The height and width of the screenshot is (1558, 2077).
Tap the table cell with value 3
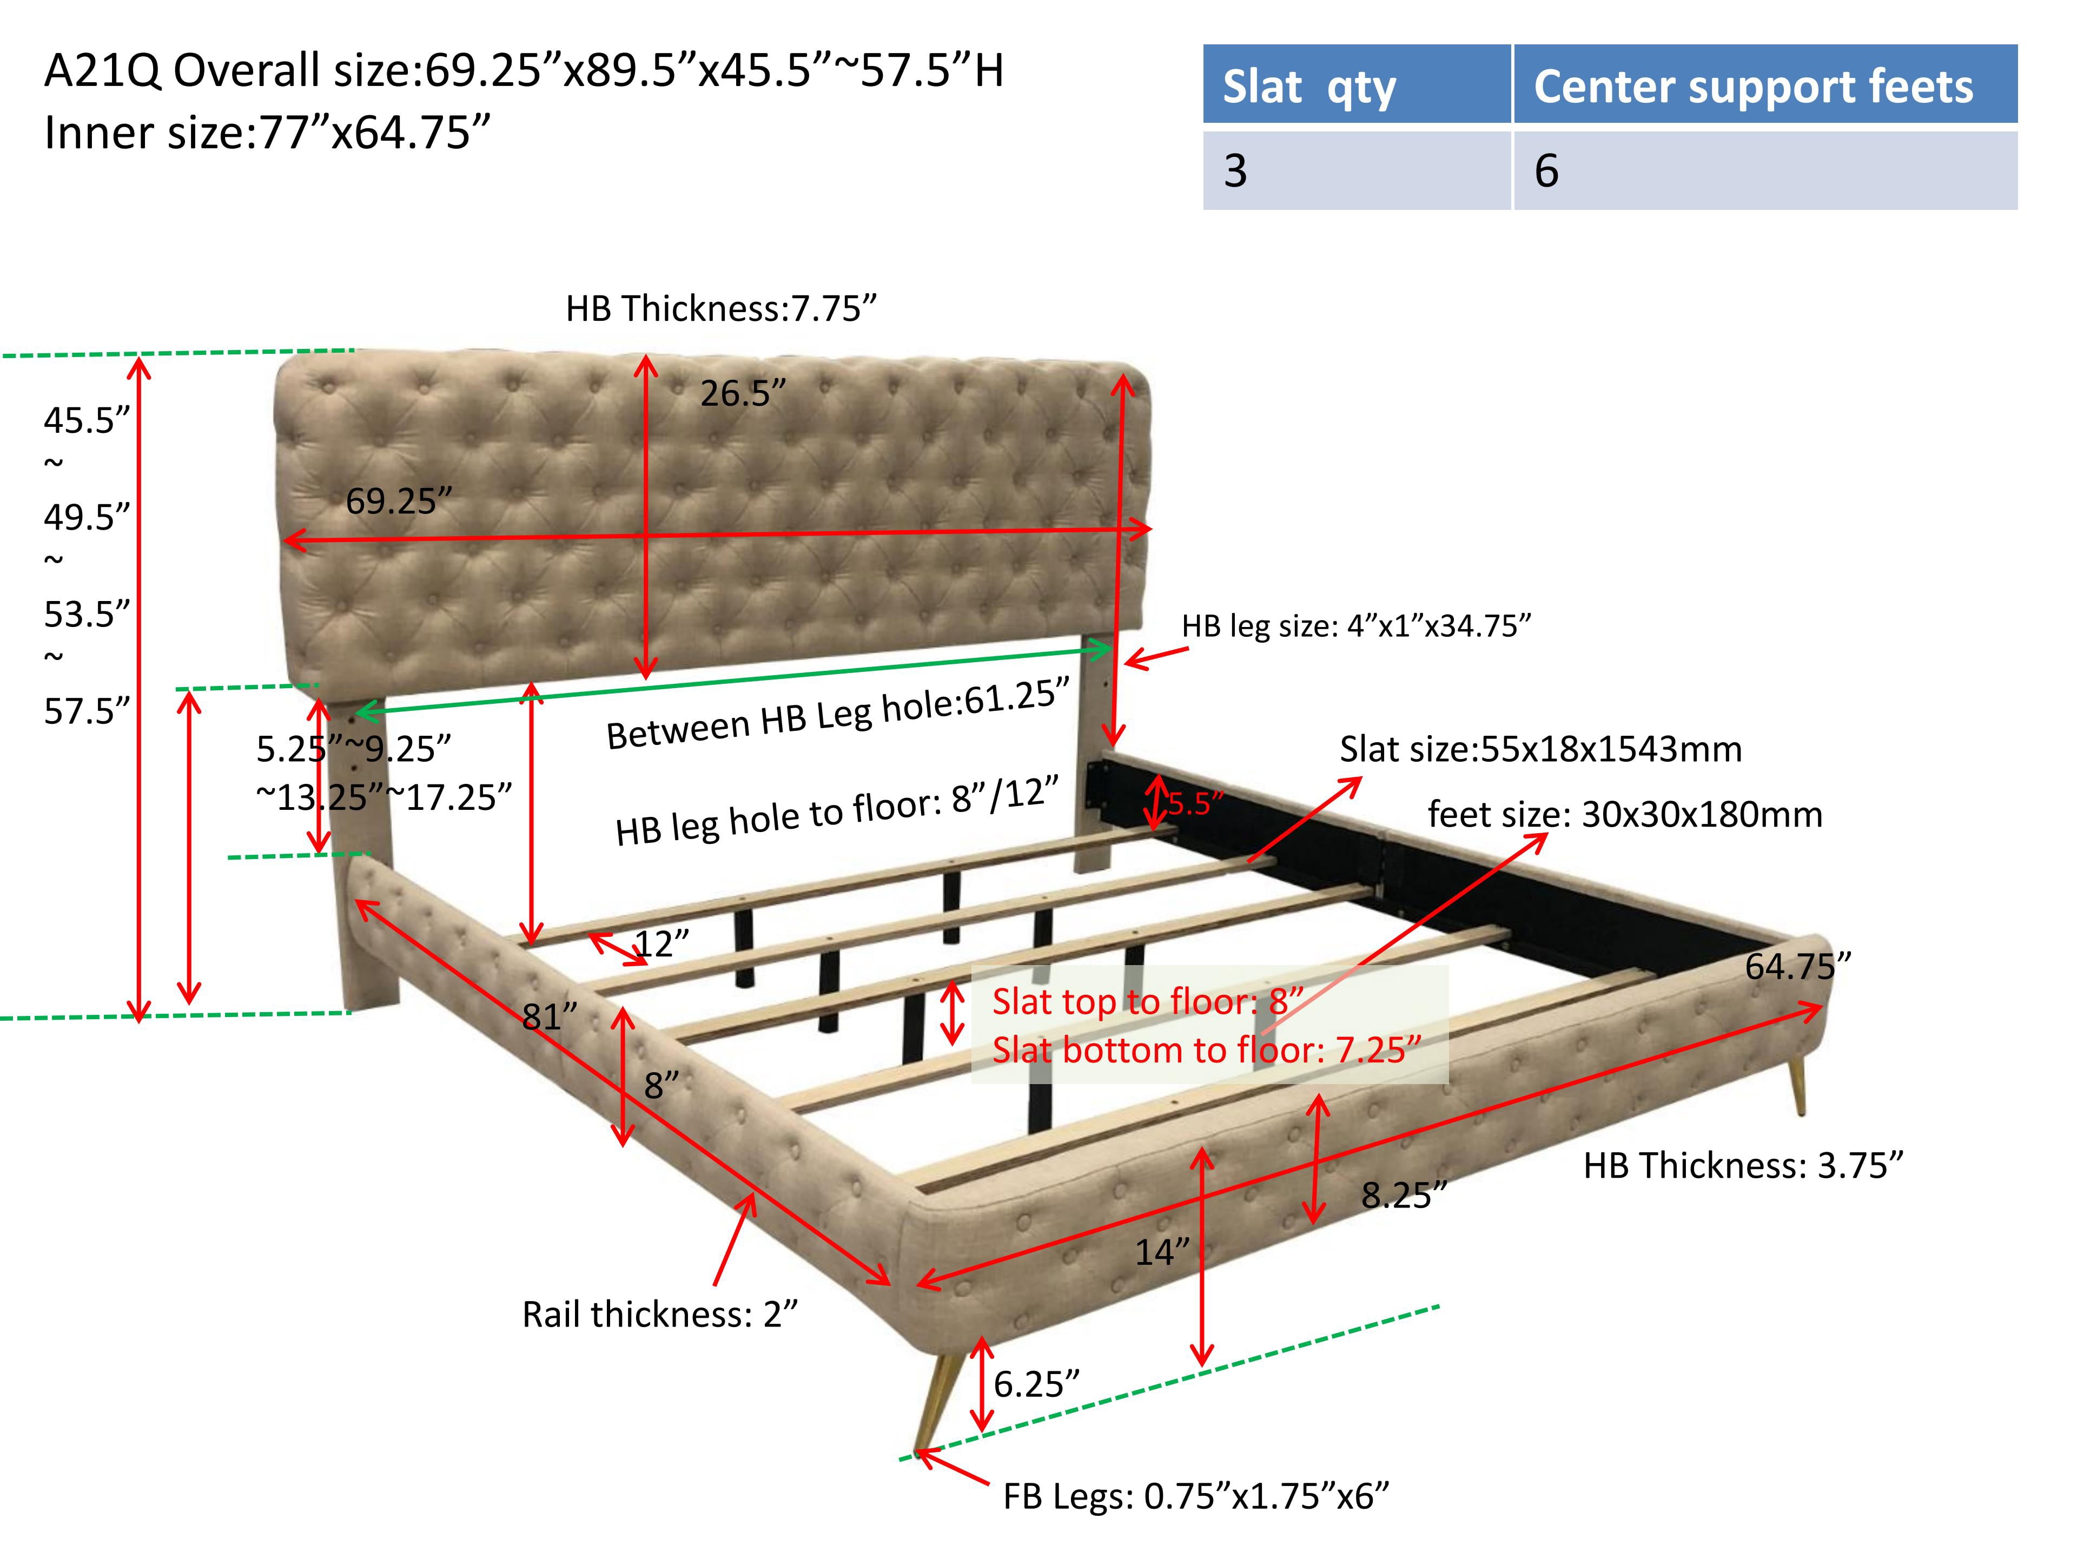coord(1357,170)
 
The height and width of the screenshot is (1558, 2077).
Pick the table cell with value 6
coord(1765,170)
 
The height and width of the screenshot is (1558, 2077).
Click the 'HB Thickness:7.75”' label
coord(720,308)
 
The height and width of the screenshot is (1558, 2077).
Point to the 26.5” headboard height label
coord(742,393)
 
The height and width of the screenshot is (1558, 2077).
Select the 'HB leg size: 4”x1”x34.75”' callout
coord(1356,625)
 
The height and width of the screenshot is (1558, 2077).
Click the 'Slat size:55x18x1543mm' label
coord(1540,749)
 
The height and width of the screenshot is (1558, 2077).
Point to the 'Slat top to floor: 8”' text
coord(1147,1001)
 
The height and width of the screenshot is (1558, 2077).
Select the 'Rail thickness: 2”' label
coord(659,1314)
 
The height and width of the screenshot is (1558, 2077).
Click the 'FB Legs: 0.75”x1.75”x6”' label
coord(1195,1495)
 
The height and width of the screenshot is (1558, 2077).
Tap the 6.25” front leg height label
coord(1036,1383)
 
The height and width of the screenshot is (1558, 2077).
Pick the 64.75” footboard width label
coord(1798,966)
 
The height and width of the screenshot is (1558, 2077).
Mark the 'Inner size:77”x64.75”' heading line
coord(268,133)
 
